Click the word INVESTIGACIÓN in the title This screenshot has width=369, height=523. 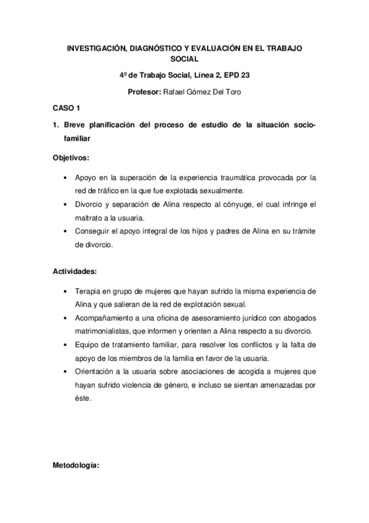pyautogui.click(x=97, y=47)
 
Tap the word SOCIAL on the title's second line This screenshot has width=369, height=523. pyautogui.click(x=184, y=59)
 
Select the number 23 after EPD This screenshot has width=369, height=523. pyautogui.click(x=244, y=76)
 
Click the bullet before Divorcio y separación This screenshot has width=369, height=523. pyautogui.click(x=67, y=205)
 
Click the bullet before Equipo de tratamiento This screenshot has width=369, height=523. pyautogui.click(x=67, y=345)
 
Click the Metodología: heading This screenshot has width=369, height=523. pyautogui.click(x=76, y=469)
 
